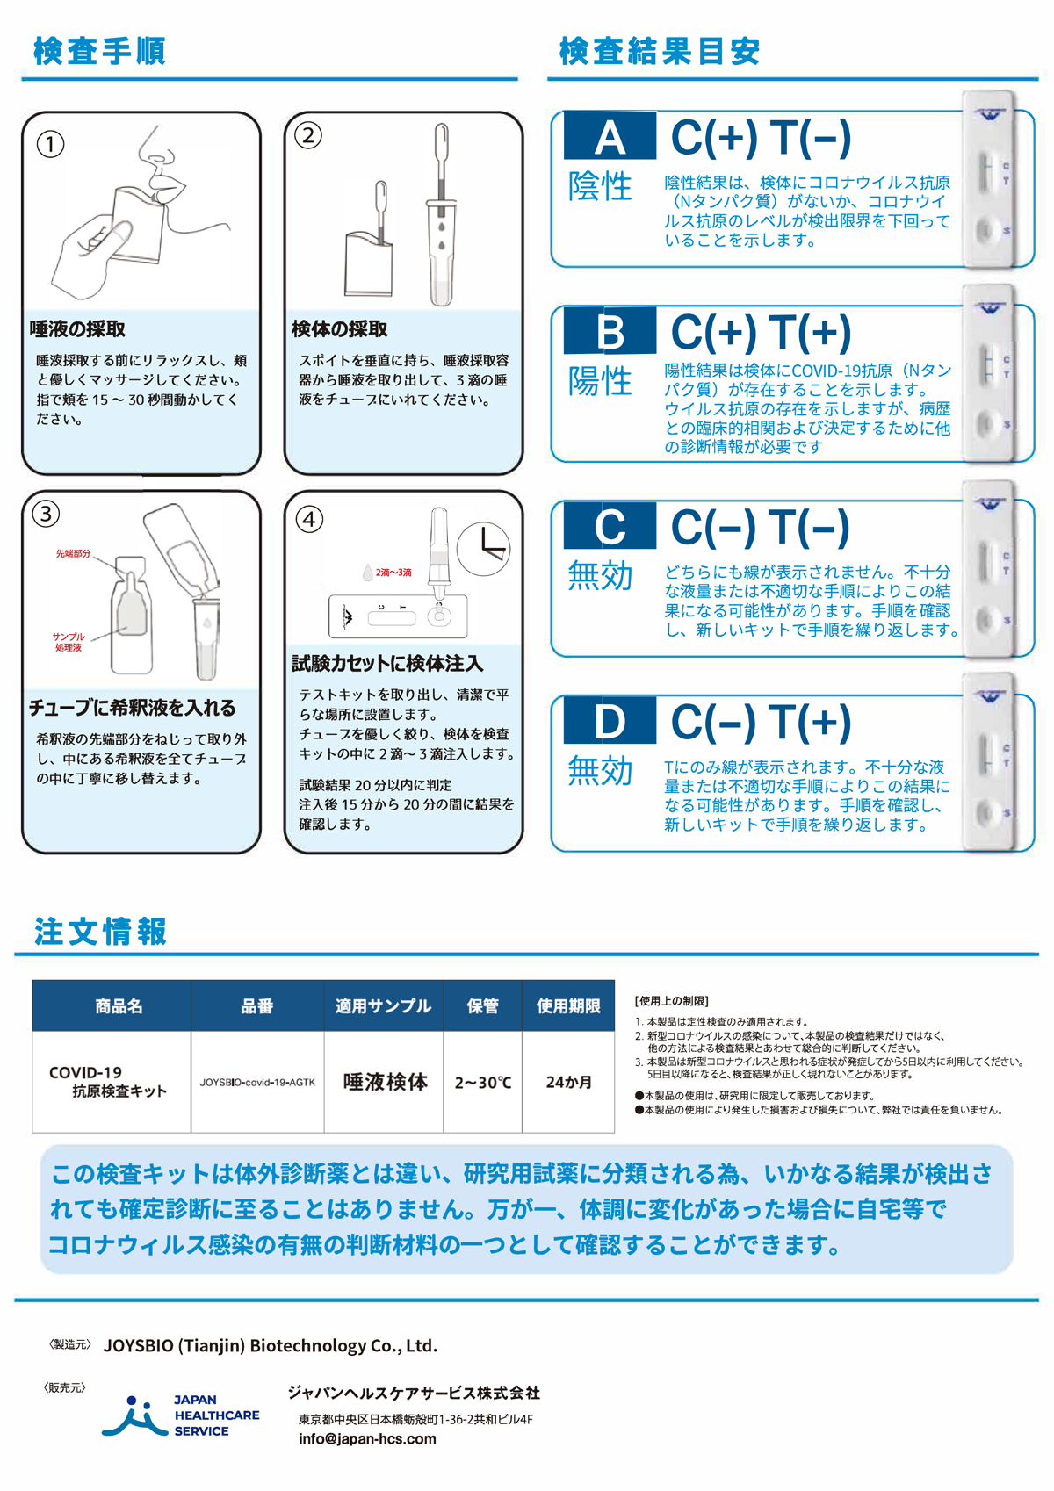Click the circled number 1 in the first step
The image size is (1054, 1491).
50,144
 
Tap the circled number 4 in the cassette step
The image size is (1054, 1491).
309,519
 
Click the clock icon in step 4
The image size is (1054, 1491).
483,549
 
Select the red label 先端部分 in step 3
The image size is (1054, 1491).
73,554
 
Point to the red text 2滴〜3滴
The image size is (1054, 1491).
393,573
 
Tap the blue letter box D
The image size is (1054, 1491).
610,720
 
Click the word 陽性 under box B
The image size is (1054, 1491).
600,381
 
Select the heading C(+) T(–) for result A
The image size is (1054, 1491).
761,139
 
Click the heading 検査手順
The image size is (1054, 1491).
99,51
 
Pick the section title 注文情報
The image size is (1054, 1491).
100,931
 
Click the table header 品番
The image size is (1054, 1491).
257,1005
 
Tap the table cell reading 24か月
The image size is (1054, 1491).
568,1083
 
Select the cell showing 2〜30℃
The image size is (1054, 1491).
483,1083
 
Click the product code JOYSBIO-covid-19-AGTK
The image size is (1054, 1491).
257,1083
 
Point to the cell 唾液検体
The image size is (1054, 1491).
385,1082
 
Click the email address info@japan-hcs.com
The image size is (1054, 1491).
367,1438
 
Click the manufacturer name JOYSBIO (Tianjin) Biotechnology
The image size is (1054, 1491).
271,1345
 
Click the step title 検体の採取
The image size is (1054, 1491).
340,328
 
